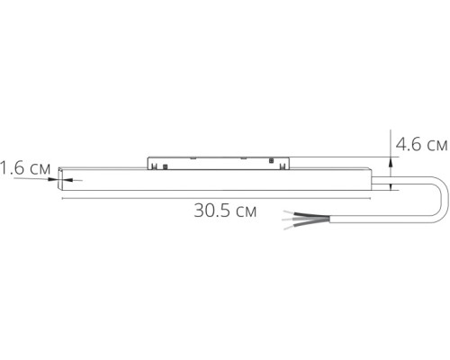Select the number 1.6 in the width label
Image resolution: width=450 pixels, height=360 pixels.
point(13,167)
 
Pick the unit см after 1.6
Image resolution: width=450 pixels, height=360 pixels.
point(39,167)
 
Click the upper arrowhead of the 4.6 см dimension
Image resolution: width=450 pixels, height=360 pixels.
point(389,161)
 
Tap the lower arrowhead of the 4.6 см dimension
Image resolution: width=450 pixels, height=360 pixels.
point(389,185)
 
